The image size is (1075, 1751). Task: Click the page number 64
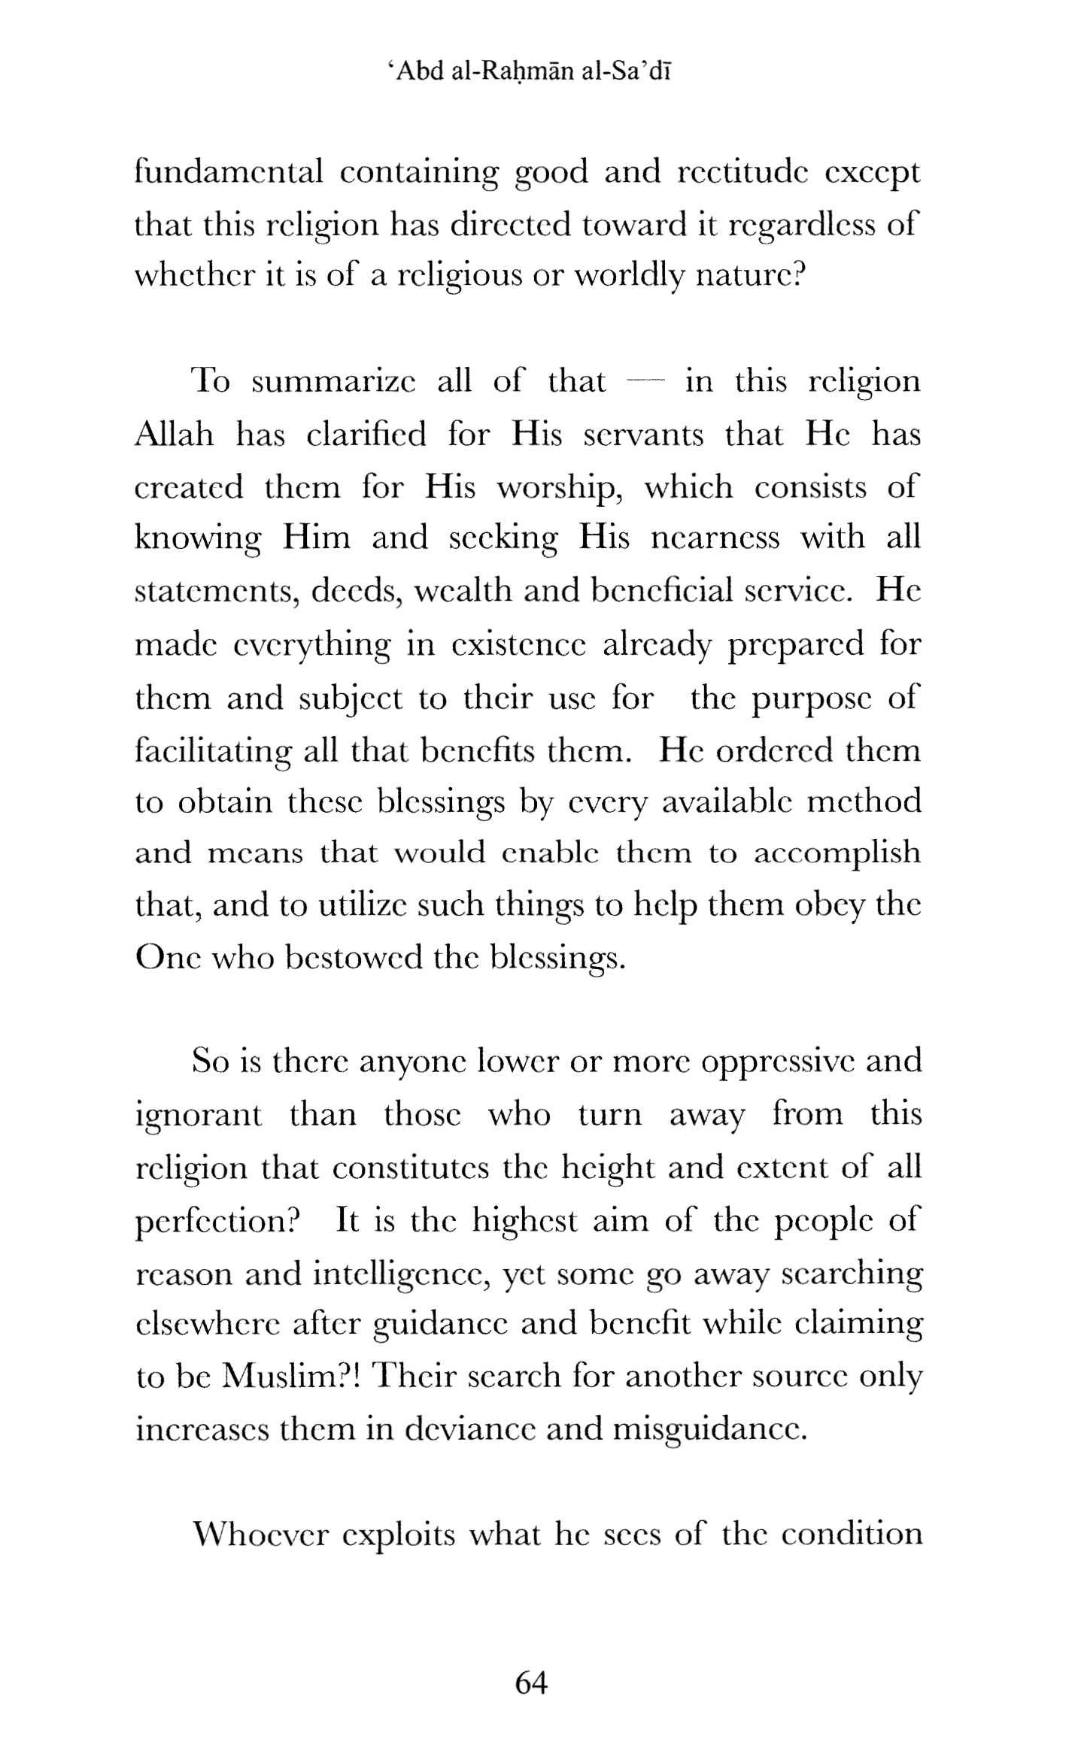point(530,1683)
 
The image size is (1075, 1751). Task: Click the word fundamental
point(229,172)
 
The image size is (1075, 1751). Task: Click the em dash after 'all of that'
point(645,382)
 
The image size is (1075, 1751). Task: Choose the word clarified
point(366,435)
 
